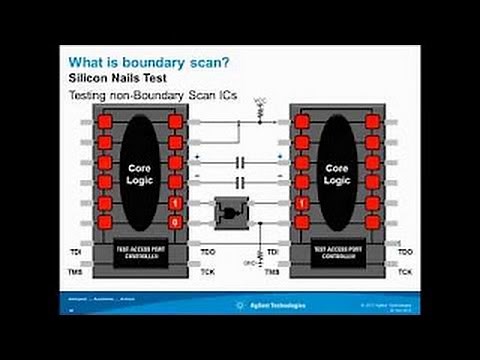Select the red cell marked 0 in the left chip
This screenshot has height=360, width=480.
[x=176, y=222]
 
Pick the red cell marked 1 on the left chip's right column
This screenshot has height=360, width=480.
[x=176, y=203]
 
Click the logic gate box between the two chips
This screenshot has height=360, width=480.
[x=231, y=212]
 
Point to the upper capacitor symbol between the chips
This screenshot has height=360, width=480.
[x=240, y=161]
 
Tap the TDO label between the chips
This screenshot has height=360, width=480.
[x=208, y=251]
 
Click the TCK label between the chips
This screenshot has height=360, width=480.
[x=208, y=271]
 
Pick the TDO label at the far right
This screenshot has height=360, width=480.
[x=404, y=251]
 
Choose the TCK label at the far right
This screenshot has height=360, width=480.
[x=404, y=271]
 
